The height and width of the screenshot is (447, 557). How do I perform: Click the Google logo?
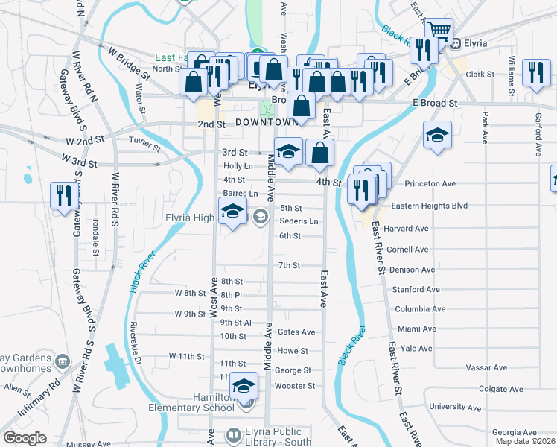(x=25, y=438)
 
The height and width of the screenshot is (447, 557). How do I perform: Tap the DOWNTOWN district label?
(x=266, y=122)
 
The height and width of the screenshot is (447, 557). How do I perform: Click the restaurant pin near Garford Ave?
(x=535, y=73)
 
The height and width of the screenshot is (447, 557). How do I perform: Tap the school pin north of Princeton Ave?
(x=437, y=137)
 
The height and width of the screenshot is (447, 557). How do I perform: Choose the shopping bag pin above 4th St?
(x=319, y=153)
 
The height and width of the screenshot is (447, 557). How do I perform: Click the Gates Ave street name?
(x=296, y=332)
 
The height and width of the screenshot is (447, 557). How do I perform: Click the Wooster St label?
(x=295, y=386)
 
